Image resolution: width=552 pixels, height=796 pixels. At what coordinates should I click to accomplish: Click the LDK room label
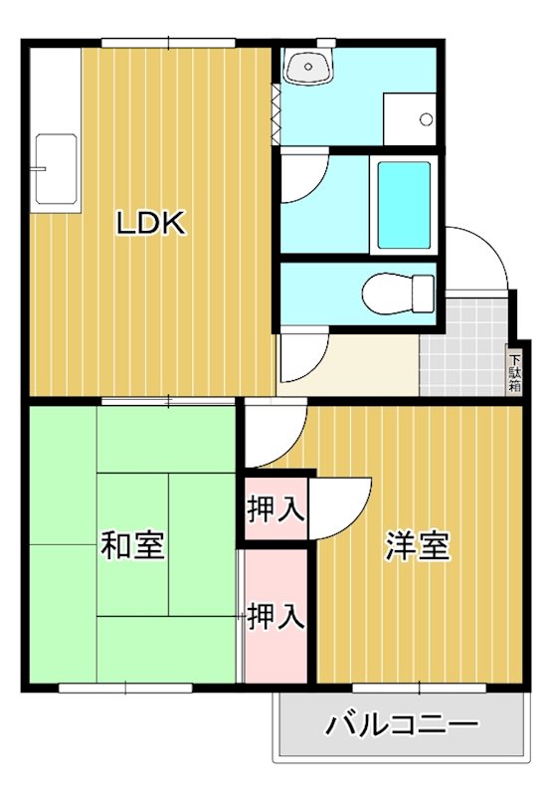pyautogui.click(x=151, y=224)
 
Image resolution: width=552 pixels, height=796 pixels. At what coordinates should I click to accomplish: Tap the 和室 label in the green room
pyautogui.click(x=133, y=545)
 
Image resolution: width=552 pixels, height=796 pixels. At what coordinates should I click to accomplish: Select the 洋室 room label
pyautogui.click(x=418, y=545)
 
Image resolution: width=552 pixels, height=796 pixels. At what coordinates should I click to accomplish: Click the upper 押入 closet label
pyautogui.click(x=276, y=509)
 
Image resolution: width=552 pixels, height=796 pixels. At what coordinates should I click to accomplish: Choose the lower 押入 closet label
pyautogui.click(x=275, y=617)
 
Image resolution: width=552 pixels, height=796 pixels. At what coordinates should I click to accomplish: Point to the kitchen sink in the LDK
pyautogui.click(x=55, y=169)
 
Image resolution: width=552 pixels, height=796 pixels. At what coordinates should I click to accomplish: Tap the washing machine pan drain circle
pyautogui.click(x=427, y=119)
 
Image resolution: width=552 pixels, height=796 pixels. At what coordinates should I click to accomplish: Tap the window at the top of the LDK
pyautogui.click(x=168, y=42)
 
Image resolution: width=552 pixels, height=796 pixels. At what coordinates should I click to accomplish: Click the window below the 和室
pyautogui.click(x=126, y=688)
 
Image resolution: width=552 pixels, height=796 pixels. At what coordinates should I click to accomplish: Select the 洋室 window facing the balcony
pyautogui.click(x=418, y=688)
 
